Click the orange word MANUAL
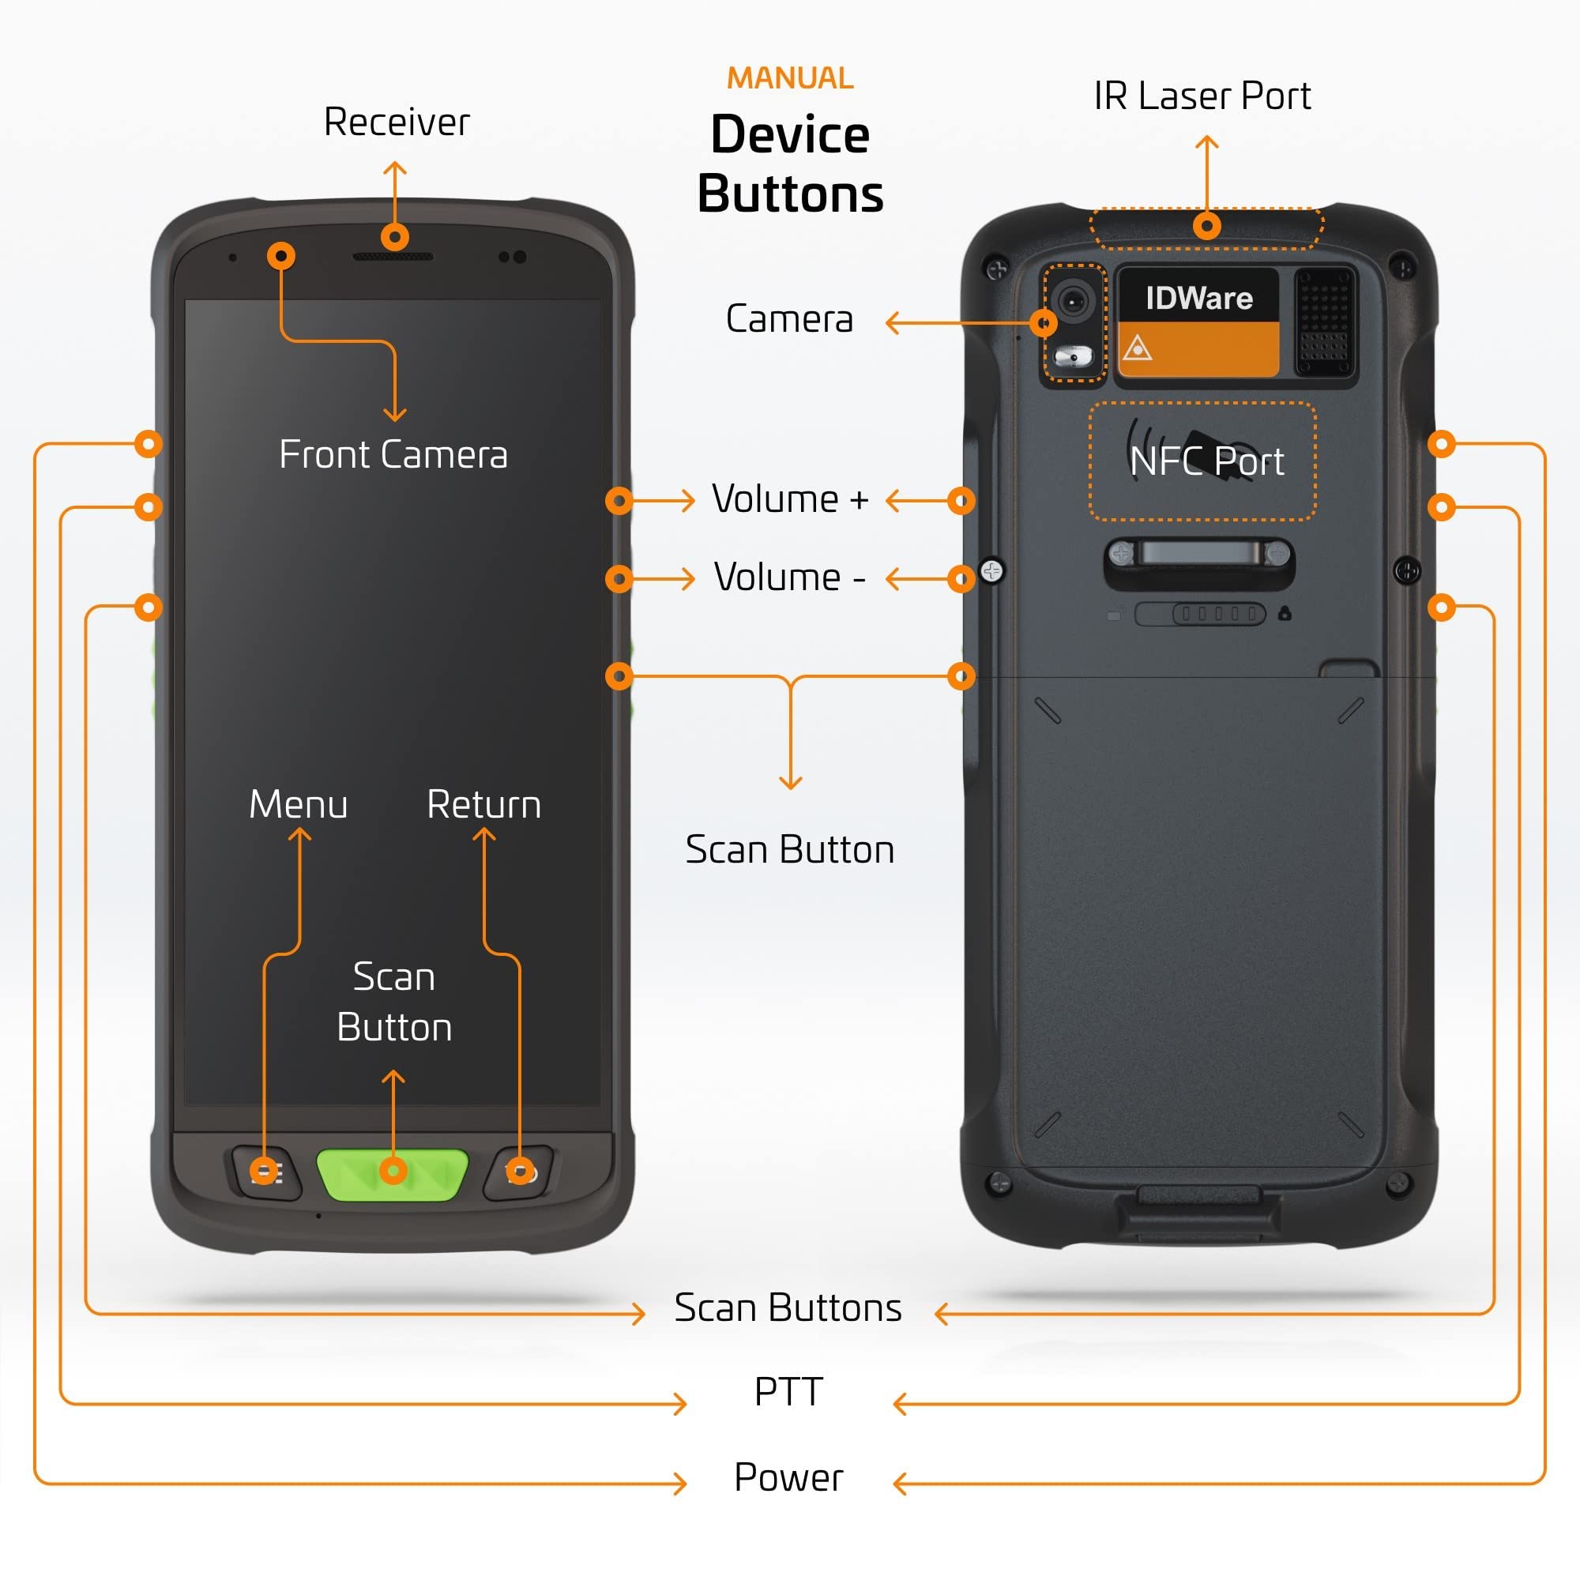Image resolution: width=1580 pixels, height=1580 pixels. click(x=790, y=78)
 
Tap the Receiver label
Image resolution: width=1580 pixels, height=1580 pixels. click(x=397, y=122)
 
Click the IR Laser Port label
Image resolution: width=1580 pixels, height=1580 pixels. click(x=1202, y=96)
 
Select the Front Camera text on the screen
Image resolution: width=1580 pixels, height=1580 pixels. click(x=393, y=455)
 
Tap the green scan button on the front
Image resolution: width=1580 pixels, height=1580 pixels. click(x=393, y=1175)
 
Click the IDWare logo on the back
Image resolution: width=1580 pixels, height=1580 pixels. click(x=1198, y=298)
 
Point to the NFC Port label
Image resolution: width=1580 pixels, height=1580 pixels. click(x=1206, y=461)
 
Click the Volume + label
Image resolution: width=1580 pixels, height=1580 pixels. click(x=790, y=498)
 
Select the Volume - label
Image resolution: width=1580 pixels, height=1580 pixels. click(x=790, y=577)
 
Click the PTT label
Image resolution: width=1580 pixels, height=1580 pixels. click(x=788, y=1392)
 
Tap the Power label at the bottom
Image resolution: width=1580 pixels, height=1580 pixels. click(x=788, y=1478)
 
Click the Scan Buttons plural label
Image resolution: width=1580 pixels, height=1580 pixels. click(x=788, y=1307)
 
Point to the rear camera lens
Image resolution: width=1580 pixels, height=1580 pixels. click(x=1072, y=300)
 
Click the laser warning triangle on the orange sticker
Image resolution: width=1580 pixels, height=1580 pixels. click(x=1138, y=349)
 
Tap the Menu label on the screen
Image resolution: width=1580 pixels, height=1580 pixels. click(x=299, y=805)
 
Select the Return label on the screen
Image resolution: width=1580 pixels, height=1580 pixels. click(x=484, y=805)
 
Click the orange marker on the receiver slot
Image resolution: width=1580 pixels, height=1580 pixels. click(x=395, y=237)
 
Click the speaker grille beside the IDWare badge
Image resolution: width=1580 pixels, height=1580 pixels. click(x=1324, y=321)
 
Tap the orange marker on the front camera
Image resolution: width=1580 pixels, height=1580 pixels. click(x=281, y=256)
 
